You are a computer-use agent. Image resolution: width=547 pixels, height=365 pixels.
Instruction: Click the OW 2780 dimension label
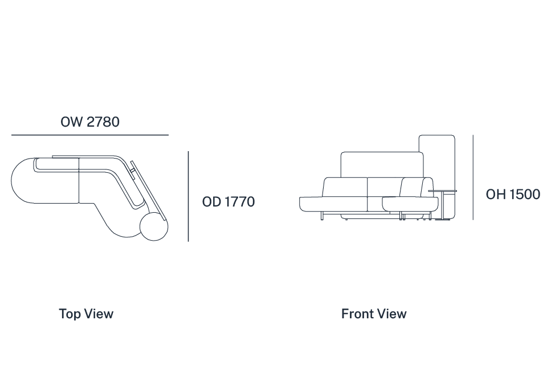pos(90,122)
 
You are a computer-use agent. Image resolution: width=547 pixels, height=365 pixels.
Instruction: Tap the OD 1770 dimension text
pos(228,202)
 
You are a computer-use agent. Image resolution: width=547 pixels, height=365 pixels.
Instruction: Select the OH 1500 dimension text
pos(513,194)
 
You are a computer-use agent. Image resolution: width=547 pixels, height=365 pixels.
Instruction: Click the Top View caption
pos(86,314)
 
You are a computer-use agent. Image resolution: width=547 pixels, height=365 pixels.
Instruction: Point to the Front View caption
pos(374,314)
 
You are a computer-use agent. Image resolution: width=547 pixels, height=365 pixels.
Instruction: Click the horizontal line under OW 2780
pos(90,135)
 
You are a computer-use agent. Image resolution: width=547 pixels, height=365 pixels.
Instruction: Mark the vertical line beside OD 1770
pos(189,196)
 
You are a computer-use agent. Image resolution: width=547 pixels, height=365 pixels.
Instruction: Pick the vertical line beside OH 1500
pos(473,177)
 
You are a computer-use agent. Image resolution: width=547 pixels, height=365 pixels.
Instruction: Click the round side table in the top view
pos(154,226)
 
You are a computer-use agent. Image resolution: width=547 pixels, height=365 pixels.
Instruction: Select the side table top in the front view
pos(442,190)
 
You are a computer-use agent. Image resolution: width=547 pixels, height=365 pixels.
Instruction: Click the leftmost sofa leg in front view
pos(322,216)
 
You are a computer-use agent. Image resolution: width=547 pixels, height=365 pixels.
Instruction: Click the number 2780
pos(103,122)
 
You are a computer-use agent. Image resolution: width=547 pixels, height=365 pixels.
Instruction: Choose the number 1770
pos(240,202)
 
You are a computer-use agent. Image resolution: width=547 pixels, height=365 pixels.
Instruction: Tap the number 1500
pos(525,194)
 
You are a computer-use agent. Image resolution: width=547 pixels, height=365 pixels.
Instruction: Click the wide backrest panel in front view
pos(382,164)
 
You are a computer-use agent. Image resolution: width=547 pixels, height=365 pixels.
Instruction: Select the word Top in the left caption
pos(70,314)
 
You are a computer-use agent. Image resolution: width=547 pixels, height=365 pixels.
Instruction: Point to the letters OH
pos(496,194)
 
